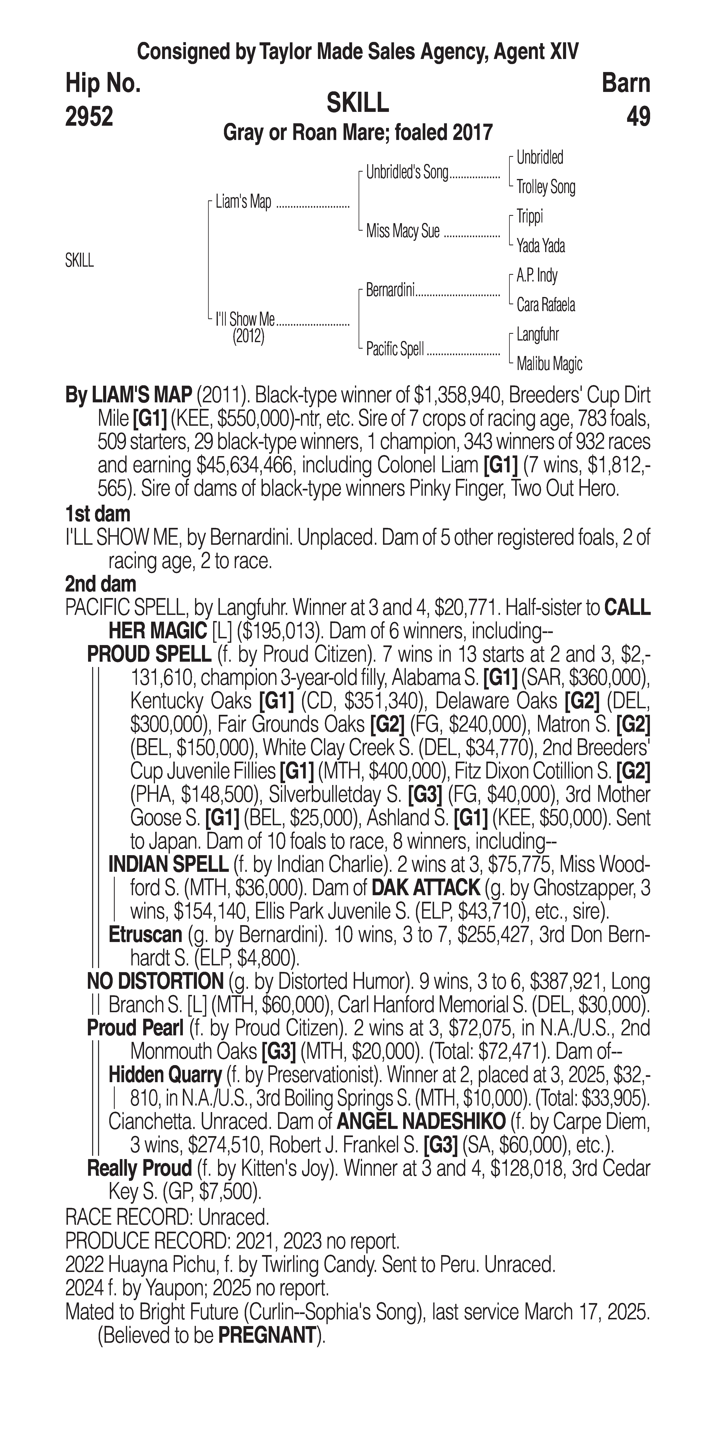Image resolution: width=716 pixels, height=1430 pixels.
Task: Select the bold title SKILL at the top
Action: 357,103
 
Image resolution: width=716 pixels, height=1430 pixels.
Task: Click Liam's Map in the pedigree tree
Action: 243,202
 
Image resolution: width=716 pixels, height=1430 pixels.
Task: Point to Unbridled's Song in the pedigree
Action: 407,173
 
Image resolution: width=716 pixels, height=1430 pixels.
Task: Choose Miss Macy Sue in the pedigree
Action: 403,231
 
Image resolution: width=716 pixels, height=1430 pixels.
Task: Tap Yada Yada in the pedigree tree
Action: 541,246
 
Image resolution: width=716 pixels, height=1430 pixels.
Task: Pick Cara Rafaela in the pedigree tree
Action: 546,305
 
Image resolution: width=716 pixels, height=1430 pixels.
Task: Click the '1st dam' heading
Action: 98,514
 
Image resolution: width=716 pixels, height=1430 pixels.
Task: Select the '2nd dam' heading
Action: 100,584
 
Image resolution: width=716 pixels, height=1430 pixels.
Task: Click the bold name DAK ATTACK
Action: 425,888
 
